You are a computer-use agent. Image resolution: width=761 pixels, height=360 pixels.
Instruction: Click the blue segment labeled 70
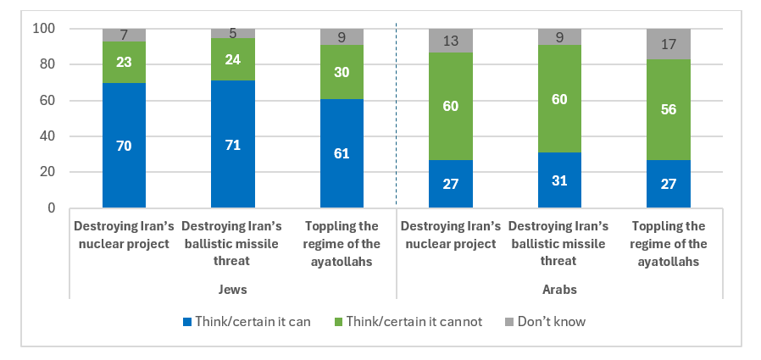[x=124, y=145]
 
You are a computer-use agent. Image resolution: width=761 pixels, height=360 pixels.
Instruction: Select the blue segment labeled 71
[x=232, y=144]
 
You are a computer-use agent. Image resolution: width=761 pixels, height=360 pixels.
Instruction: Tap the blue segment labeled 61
[x=342, y=153]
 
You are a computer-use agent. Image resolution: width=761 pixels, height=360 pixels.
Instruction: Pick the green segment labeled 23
[x=124, y=63]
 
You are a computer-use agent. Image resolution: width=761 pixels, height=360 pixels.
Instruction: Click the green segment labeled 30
[x=342, y=72]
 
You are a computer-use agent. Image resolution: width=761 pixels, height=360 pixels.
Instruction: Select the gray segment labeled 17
[x=668, y=44]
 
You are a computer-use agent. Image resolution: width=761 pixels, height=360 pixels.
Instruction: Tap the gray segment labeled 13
[x=450, y=41]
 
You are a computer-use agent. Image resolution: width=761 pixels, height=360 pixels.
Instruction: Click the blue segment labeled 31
[x=559, y=180]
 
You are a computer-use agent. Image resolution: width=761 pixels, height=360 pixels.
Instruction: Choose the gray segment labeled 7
[x=124, y=35]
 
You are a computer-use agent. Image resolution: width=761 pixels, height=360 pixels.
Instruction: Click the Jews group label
[x=232, y=289]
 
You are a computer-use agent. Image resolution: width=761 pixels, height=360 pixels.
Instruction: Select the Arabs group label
[x=559, y=289]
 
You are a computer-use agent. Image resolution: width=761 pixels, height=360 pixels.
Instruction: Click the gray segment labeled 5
[x=232, y=33]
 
